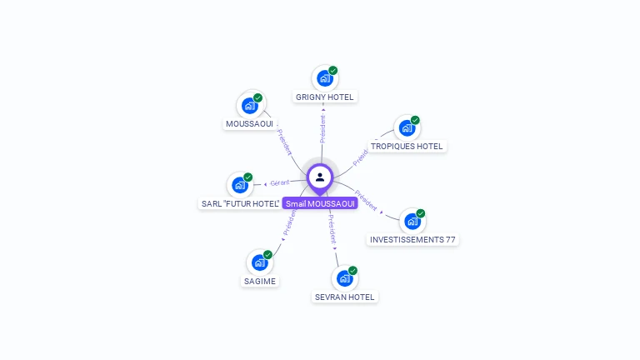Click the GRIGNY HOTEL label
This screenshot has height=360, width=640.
324,97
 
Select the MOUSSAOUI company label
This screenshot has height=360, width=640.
249,124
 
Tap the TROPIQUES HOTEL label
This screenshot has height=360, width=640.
407,147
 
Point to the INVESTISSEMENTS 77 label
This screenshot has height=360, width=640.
412,240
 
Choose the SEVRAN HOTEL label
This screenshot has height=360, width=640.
345,297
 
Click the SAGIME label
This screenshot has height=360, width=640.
260,281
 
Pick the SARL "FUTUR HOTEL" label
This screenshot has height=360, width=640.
240,203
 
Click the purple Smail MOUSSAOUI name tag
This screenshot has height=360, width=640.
320,203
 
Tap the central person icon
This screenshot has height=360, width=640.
320,177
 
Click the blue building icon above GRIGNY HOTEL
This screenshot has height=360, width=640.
324,78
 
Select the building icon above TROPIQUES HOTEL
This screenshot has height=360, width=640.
406,128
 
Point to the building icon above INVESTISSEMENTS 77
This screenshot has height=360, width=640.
412,221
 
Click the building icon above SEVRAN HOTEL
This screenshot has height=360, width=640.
343,278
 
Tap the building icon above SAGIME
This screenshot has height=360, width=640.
259,262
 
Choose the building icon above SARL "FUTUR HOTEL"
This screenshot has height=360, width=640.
239,185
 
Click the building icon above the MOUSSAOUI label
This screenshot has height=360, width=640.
248,106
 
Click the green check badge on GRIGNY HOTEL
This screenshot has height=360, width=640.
333,71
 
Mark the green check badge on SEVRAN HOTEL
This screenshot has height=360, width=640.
352,271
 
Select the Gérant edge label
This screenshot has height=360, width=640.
279,183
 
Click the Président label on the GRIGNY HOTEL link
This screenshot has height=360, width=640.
322,128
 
